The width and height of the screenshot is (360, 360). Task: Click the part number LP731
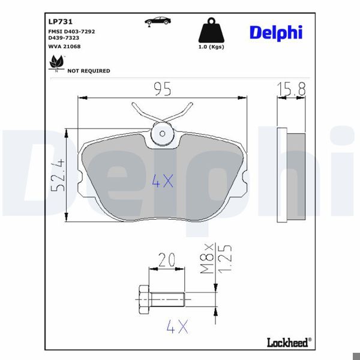[x=57, y=20]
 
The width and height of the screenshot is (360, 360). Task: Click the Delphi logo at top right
[x=275, y=32]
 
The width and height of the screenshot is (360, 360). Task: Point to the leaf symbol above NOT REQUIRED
[x=56, y=62]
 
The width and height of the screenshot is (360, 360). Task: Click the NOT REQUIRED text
[x=88, y=71]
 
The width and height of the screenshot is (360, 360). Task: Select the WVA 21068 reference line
[x=64, y=46]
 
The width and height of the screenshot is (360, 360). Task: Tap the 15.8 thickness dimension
[x=292, y=89]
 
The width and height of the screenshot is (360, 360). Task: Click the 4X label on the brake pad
[x=162, y=181]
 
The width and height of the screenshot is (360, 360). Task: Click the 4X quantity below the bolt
[x=178, y=327]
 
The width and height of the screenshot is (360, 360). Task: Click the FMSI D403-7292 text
[x=71, y=31]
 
